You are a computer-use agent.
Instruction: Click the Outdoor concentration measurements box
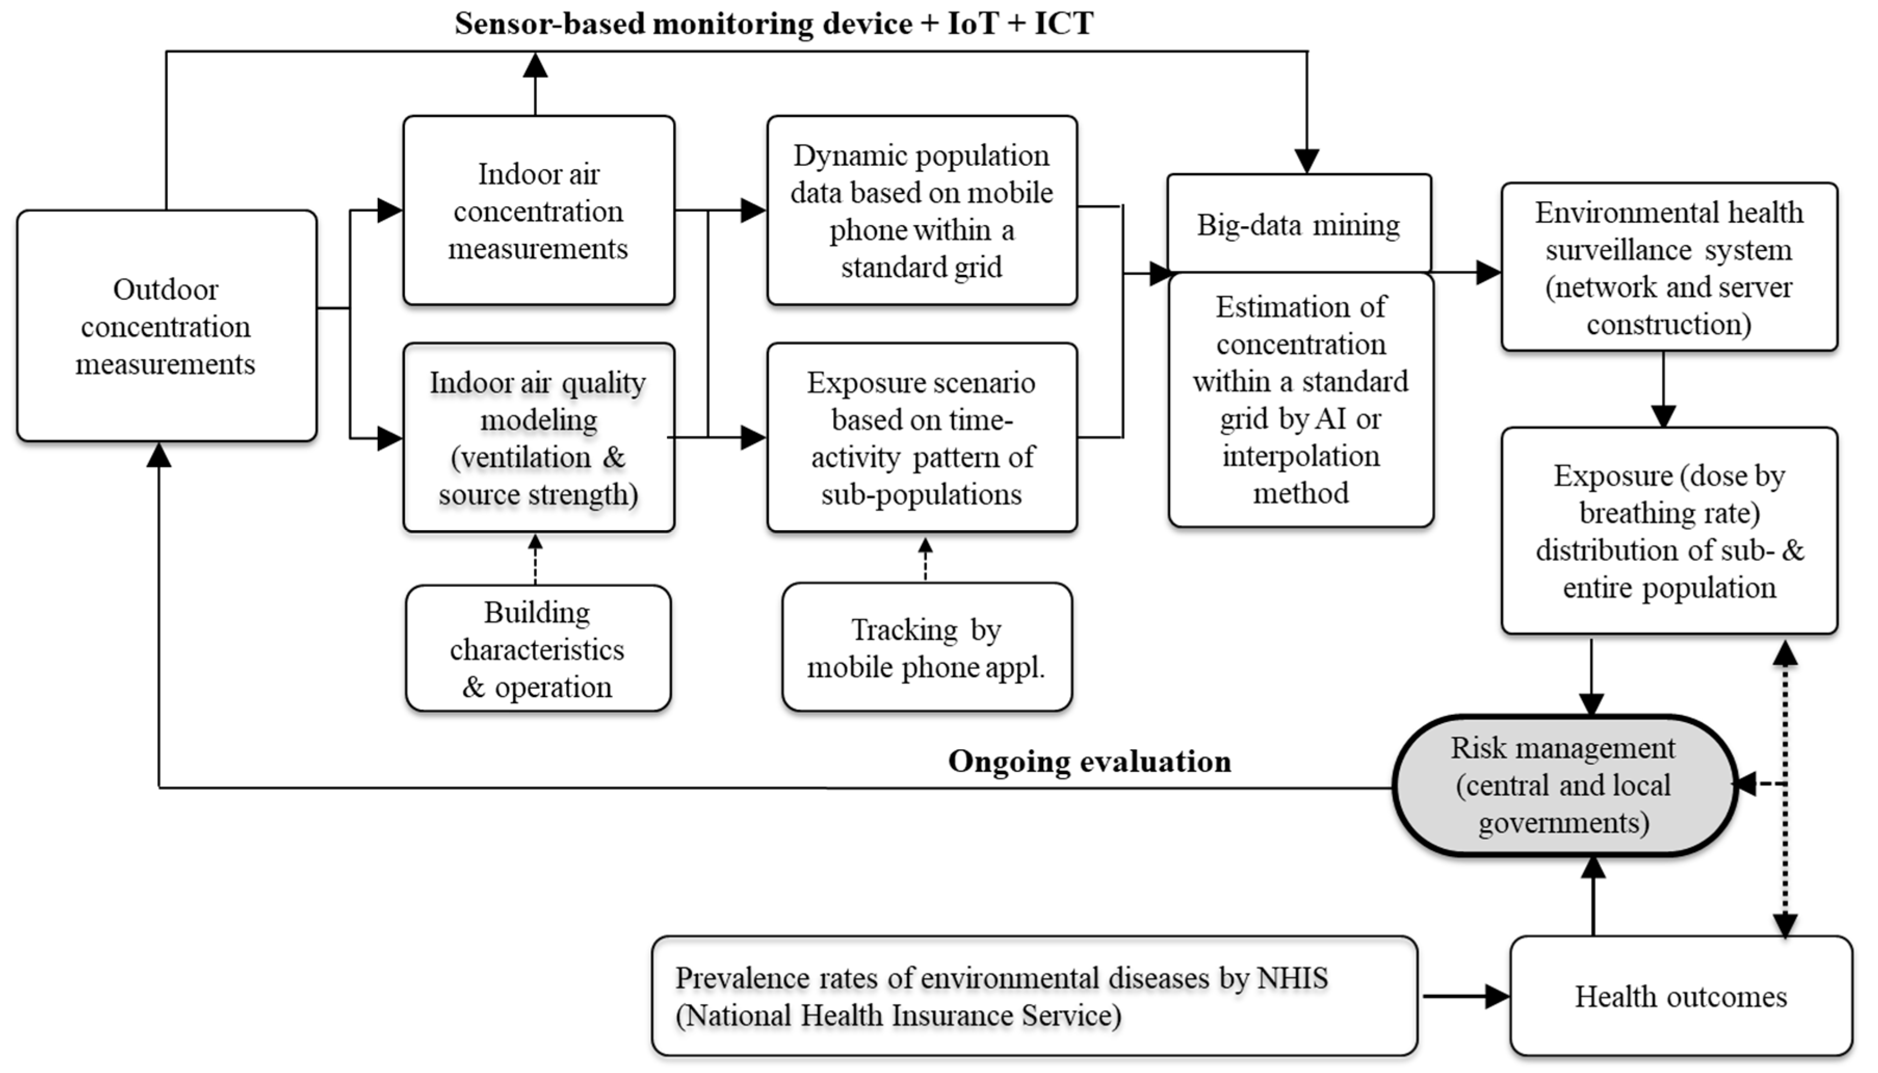[166, 326]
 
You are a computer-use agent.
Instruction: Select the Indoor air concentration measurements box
[538, 210]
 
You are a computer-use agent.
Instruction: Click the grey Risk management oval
[1564, 785]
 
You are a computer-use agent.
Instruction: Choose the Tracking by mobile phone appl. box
[926, 647]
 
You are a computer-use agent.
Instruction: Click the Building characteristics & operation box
[538, 648]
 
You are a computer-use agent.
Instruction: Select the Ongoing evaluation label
[1089, 761]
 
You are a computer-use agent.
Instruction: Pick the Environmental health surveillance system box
[1669, 267]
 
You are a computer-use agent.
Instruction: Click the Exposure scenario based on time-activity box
[921, 437]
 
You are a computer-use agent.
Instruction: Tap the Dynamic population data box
[921, 210]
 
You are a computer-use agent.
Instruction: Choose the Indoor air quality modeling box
[538, 437]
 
